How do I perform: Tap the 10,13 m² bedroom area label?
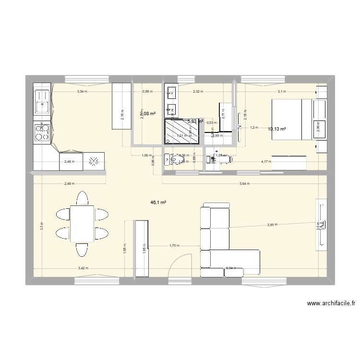click(277, 129)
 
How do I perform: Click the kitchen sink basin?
click(43, 103)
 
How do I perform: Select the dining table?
click(82, 224)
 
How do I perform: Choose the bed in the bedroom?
click(291, 119)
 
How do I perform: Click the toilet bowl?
click(169, 159)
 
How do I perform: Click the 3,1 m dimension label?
click(281, 91)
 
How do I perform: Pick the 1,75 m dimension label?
click(174, 246)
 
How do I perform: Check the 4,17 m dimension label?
click(266, 162)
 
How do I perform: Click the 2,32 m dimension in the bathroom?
click(198, 91)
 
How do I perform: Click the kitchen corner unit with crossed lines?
click(94, 161)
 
